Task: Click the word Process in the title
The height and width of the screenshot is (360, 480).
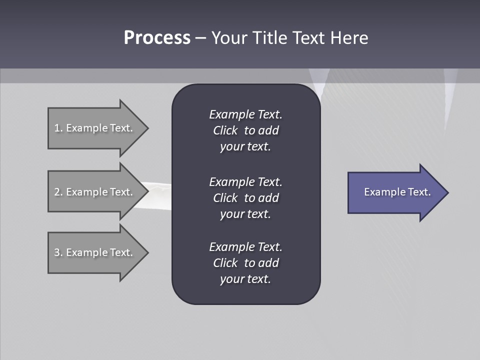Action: click(157, 38)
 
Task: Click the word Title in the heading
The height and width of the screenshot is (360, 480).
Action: click(270, 38)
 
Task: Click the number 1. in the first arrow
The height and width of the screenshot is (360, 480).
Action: click(58, 128)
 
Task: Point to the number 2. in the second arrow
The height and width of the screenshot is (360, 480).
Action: click(58, 192)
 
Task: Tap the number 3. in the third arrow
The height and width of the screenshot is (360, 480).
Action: click(58, 252)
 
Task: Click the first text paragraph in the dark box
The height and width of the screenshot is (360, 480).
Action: click(245, 130)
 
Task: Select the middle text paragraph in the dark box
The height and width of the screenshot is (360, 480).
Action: click(245, 198)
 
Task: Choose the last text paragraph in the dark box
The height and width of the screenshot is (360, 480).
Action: click(245, 263)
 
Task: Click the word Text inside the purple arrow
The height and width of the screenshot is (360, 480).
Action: click(419, 192)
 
